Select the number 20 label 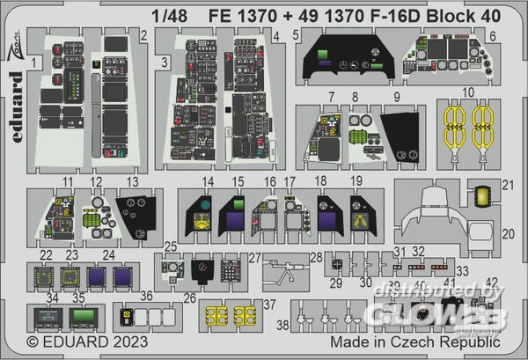(x=508, y=234)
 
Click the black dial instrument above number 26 (x=202, y=269)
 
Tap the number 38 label (x=282, y=324)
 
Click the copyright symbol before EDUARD (x=34, y=341)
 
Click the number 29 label (x=335, y=282)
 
